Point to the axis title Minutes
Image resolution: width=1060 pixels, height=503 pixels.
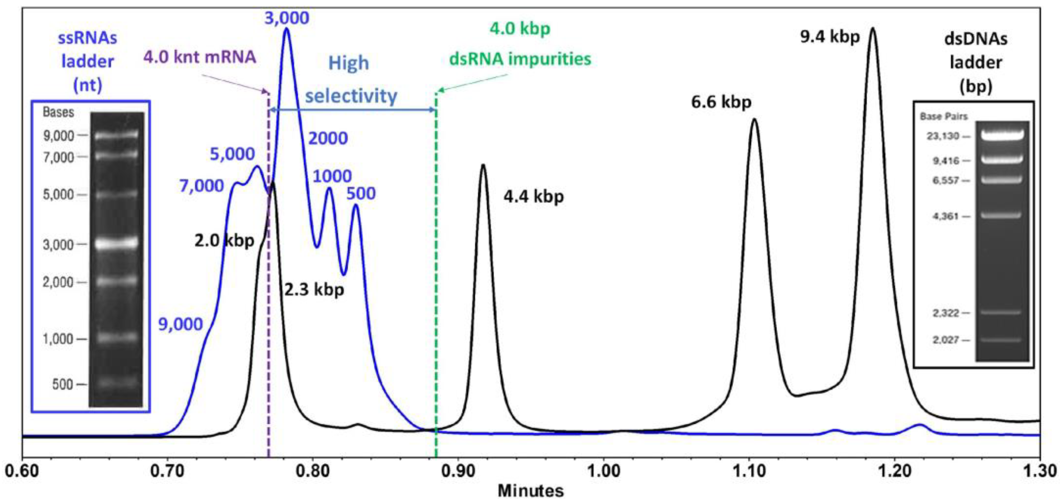pyautogui.click(x=530, y=491)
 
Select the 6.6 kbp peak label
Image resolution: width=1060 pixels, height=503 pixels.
pyautogui.click(x=721, y=102)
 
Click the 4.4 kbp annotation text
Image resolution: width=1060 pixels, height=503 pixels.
pyautogui.click(x=533, y=197)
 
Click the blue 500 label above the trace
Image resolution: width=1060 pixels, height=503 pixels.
pyautogui.click(x=361, y=193)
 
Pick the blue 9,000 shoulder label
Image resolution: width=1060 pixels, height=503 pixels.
pyautogui.click(x=181, y=324)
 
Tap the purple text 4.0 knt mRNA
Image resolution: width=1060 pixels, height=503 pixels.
pyautogui.click(x=200, y=57)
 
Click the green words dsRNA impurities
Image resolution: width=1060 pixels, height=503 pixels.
pyautogui.click(x=520, y=59)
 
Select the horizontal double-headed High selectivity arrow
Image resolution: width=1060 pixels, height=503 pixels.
pyautogui.click(x=352, y=110)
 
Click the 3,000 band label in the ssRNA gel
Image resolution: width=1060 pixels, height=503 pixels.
pyautogui.click(x=58, y=245)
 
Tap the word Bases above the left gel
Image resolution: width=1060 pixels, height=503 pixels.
pyautogui.click(x=58, y=112)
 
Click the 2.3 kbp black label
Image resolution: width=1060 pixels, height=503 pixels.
pyautogui.click(x=314, y=290)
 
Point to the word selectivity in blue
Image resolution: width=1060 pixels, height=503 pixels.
pyautogui.click(x=351, y=96)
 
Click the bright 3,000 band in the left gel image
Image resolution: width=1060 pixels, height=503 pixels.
pyautogui.click(x=116, y=244)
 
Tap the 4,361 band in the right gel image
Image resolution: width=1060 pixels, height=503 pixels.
pyautogui.click(x=1001, y=215)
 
